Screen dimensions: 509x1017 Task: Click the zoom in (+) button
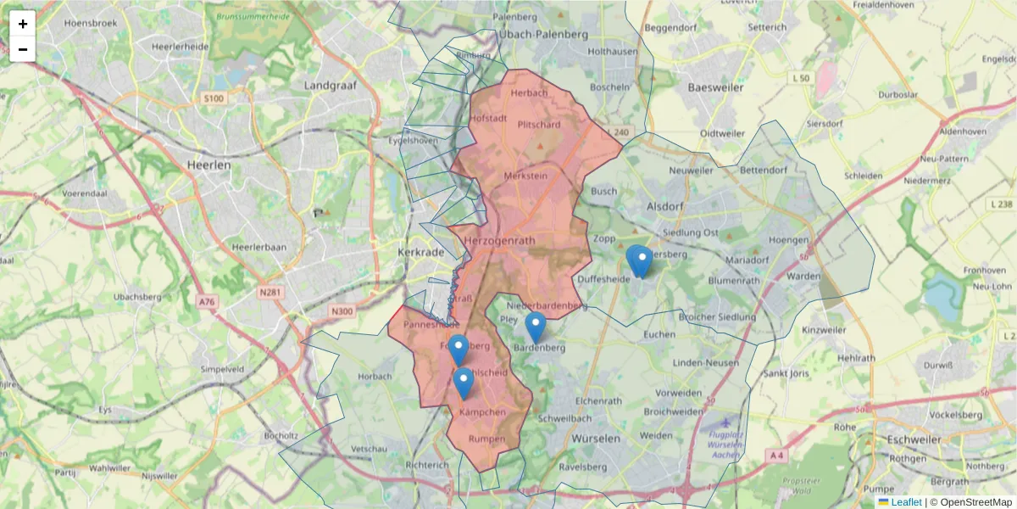click(23, 24)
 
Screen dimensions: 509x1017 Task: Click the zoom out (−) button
click(23, 49)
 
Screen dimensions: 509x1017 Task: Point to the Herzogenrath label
click(500, 241)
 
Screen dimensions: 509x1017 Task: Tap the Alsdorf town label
click(664, 205)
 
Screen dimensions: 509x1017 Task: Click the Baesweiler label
click(715, 87)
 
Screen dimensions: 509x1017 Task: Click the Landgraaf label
click(331, 86)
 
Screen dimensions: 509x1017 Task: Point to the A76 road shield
click(207, 301)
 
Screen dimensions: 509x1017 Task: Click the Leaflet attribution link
click(905, 502)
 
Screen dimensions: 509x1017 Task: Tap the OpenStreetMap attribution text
click(975, 502)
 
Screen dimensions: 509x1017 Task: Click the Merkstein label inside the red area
click(525, 176)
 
